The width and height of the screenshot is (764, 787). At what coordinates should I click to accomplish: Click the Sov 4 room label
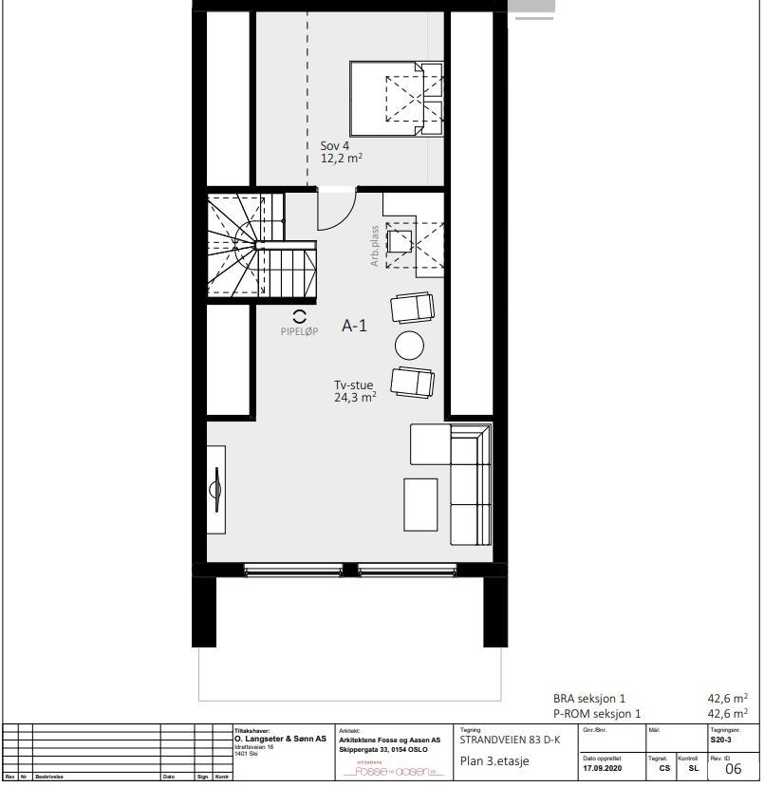click(334, 145)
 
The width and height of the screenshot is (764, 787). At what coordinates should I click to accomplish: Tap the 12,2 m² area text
click(343, 159)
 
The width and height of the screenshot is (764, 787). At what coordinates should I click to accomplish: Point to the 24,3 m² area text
click(354, 398)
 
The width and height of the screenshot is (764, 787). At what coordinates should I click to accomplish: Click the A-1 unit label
click(354, 326)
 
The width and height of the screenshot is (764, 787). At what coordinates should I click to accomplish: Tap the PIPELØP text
click(299, 332)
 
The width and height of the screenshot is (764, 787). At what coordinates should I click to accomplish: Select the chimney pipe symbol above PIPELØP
click(299, 316)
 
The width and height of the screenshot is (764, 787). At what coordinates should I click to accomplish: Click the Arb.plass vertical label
click(376, 246)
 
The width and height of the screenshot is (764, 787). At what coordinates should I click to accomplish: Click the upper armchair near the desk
click(413, 308)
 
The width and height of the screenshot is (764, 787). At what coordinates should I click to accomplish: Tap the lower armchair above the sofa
click(413, 381)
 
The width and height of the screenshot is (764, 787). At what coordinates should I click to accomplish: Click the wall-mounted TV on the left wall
click(217, 491)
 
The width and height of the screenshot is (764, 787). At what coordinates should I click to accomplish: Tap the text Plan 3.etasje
click(494, 761)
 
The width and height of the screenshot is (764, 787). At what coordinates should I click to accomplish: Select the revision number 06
click(733, 769)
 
